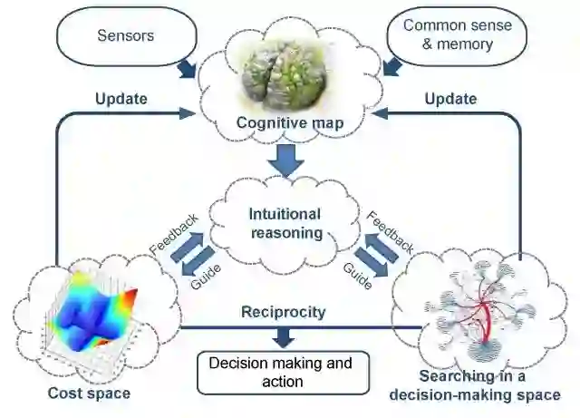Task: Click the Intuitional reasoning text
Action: coord(285,223)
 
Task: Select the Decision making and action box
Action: coord(283,373)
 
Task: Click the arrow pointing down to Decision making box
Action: coord(283,336)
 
